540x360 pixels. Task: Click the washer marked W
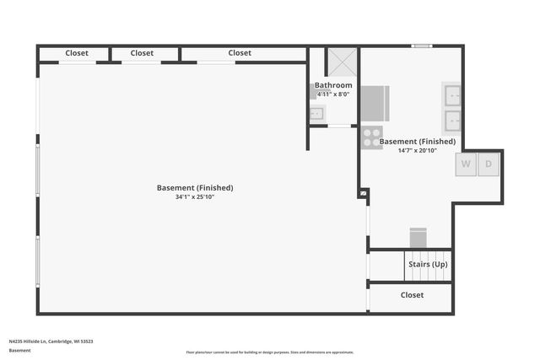point(466,164)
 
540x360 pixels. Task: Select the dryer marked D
point(488,164)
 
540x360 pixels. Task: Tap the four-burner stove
point(371,137)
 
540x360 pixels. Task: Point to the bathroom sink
point(316,115)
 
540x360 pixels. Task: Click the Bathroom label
point(333,85)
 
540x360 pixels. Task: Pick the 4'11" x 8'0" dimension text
point(333,94)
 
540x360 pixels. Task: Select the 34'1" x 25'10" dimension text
point(195,196)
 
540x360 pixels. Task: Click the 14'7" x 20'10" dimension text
point(418,150)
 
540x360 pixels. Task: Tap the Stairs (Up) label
point(428,265)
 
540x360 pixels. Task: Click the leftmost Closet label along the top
point(77,53)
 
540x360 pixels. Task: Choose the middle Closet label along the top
point(143,53)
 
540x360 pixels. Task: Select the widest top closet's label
point(240,53)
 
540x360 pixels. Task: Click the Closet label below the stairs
point(412,295)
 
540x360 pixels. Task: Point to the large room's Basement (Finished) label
point(195,187)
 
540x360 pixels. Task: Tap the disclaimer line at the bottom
point(270,352)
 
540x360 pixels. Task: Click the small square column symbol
point(364,193)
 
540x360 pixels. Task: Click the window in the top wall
point(422,46)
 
